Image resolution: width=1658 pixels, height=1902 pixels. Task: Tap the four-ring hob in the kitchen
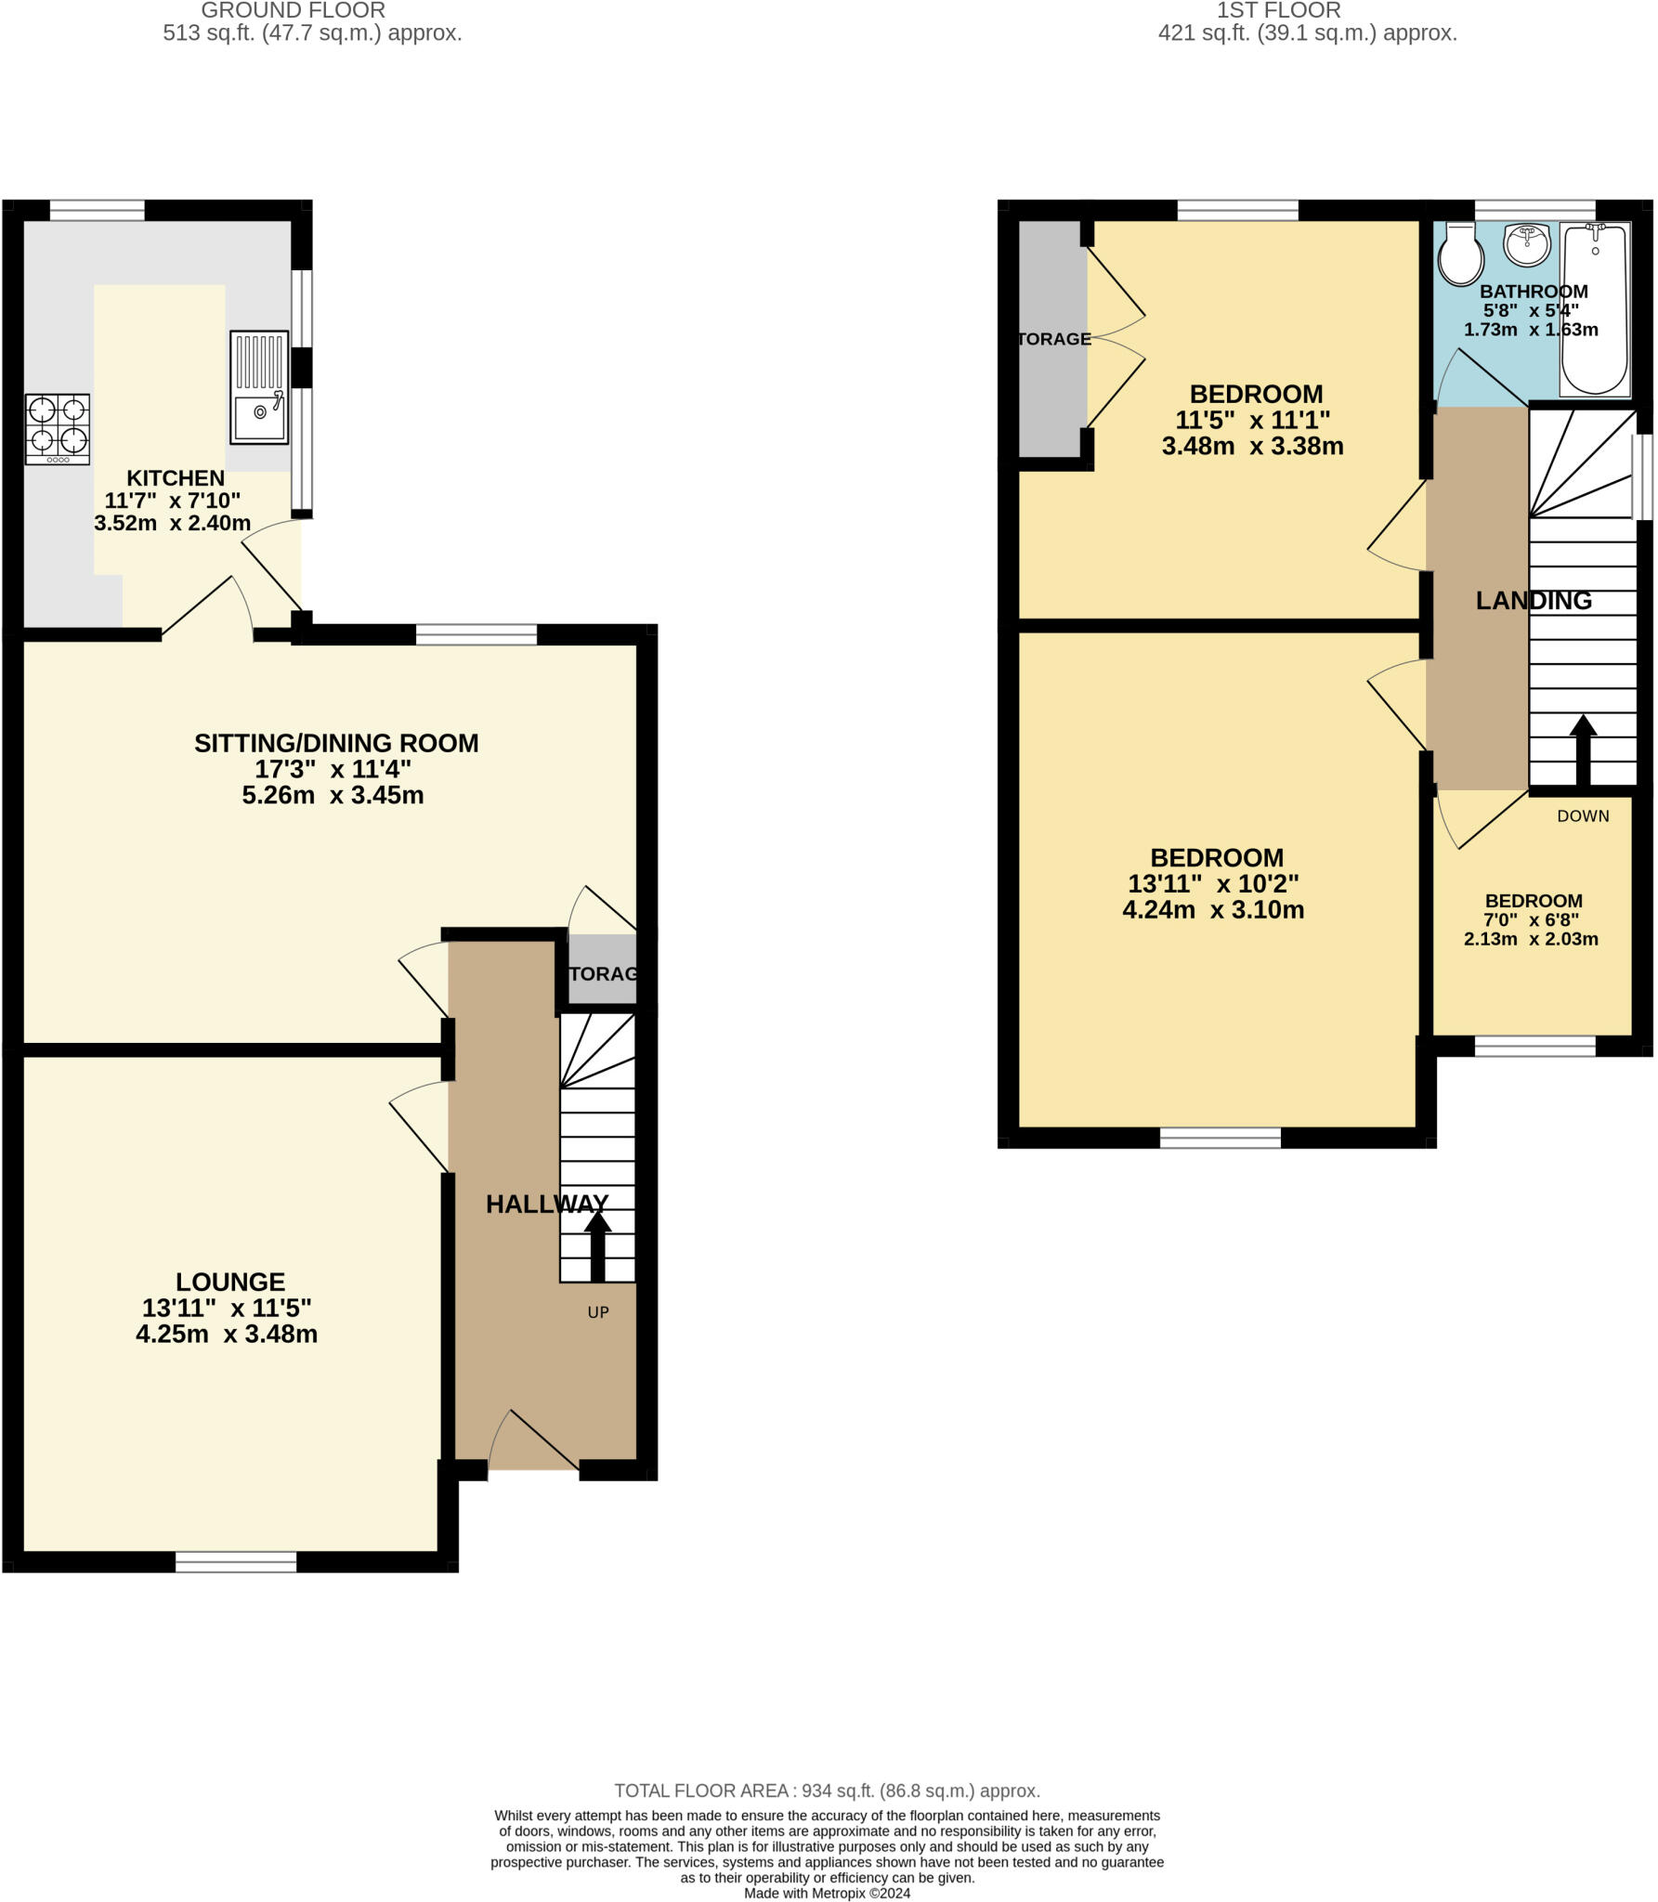(x=58, y=429)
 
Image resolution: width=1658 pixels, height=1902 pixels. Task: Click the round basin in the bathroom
(x=1527, y=243)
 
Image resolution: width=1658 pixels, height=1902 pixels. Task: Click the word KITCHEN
(x=176, y=478)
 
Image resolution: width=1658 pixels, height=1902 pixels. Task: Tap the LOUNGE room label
(x=230, y=1282)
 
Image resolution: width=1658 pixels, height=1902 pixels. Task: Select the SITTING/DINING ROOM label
(x=336, y=743)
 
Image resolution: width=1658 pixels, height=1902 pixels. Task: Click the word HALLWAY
(x=547, y=1204)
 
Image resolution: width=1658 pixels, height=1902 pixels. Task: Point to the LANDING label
(x=1534, y=601)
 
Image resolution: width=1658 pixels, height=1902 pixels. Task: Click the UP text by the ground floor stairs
(x=598, y=1312)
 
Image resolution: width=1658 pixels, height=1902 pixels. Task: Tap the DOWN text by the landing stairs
(x=1583, y=816)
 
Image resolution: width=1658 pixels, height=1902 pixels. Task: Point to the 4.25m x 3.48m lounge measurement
(x=227, y=1335)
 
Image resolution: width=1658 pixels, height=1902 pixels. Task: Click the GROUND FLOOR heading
(x=293, y=11)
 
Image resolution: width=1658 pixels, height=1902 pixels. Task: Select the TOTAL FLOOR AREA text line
(x=827, y=1791)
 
